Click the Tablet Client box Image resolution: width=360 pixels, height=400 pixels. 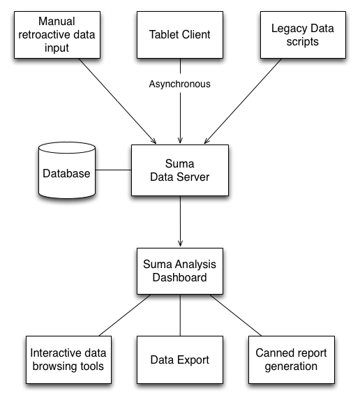click(180, 35)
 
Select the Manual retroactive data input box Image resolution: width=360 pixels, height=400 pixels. click(57, 35)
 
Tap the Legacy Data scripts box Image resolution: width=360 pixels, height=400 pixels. click(303, 35)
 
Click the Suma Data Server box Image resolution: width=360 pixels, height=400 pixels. click(180, 170)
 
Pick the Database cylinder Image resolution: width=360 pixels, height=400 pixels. click(67, 170)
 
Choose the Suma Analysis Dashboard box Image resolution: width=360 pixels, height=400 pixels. click(180, 271)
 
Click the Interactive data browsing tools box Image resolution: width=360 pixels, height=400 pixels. click(68, 360)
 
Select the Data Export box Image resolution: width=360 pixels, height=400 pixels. click(180, 360)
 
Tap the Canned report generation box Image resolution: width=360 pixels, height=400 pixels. click(292, 360)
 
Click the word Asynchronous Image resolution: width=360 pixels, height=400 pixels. click(180, 84)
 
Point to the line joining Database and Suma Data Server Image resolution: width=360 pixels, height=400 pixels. click(114, 170)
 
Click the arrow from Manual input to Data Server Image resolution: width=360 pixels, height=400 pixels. click(117, 101)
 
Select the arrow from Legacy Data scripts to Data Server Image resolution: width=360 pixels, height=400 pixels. click(243, 101)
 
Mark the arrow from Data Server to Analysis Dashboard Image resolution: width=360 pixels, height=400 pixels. click(180, 221)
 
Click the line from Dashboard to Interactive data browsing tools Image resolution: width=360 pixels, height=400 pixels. click(125, 316)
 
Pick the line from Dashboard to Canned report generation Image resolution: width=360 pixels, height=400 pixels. click(236, 316)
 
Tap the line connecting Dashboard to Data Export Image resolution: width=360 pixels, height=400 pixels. click(180, 316)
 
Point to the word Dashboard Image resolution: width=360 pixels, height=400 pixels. click(179, 278)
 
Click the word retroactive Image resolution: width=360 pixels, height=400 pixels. click(45, 35)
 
